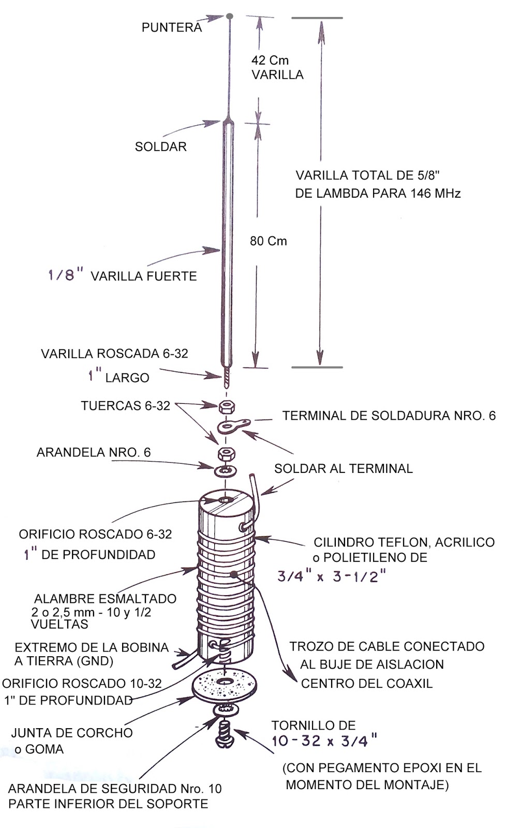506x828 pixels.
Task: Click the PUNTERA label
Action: pyautogui.click(x=172, y=27)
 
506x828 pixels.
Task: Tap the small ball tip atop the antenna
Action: pyautogui.click(x=230, y=17)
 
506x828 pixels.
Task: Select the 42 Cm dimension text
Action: pyautogui.click(x=270, y=60)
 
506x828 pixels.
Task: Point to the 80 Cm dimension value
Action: pyautogui.click(x=268, y=241)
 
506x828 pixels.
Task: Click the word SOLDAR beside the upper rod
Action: pyautogui.click(x=160, y=146)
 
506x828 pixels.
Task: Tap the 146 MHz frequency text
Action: pyautogui.click(x=436, y=194)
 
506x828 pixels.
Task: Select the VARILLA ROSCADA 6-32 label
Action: pyautogui.click(x=114, y=354)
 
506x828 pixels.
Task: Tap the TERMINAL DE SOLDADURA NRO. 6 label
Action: pyautogui.click(x=389, y=416)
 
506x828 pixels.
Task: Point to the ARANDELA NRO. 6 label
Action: pyautogui.click(x=94, y=453)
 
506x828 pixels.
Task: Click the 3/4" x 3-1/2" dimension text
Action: pyautogui.click(x=332, y=576)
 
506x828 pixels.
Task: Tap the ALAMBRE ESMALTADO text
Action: pyautogui.click(x=105, y=599)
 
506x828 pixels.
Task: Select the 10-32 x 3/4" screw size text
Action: pyautogui.click(x=324, y=741)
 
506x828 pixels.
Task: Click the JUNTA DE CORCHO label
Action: pyautogui.click(x=72, y=733)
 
